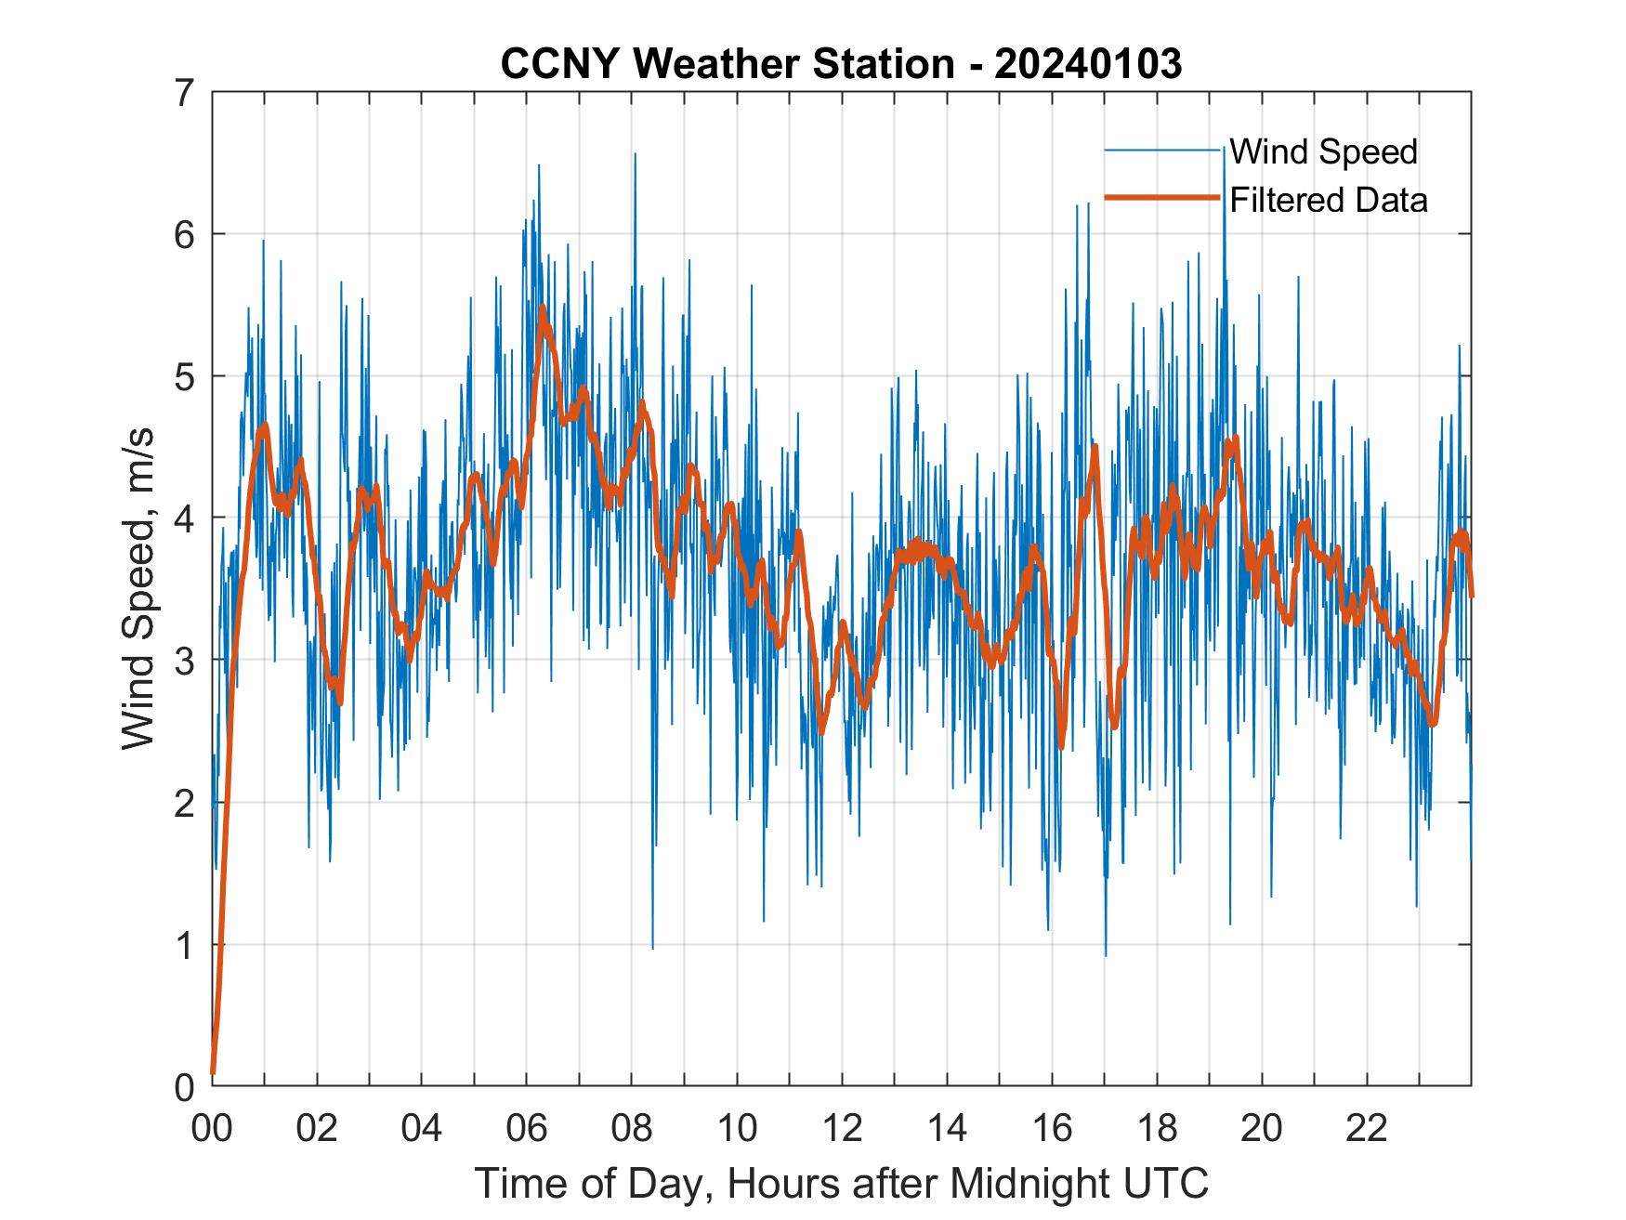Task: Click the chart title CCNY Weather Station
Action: (x=727, y=64)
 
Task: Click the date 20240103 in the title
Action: (x=1088, y=64)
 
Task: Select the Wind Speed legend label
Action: (x=1323, y=151)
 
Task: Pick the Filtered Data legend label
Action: (x=1328, y=200)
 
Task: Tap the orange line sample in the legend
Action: (x=1161, y=198)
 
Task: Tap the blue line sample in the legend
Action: (x=1161, y=151)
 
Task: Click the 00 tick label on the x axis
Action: (x=212, y=1129)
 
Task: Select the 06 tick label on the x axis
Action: (x=527, y=1129)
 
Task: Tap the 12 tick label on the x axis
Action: (x=842, y=1129)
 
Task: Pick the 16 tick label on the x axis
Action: (x=1052, y=1129)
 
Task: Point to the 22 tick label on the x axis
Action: (x=1367, y=1129)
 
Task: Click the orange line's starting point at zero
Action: (x=213, y=1073)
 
